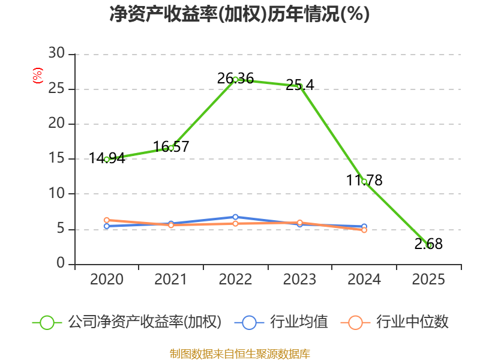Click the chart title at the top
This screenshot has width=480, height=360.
click(x=239, y=14)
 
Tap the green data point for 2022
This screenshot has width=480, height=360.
click(x=235, y=79)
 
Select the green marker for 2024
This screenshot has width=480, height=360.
click(x=364, y=182)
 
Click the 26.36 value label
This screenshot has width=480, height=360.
click(x=235, y=79)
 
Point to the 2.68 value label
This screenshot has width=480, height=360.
click(x=428, y=244)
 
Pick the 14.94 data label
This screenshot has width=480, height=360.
click(x=107, y=158)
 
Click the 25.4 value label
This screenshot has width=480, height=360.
click(x=299, y=85)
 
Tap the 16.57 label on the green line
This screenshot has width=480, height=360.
click(x=171, y=146)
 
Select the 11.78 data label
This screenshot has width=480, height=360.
click(x=364, y=180)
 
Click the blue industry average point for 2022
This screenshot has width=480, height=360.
click(x=235, y=217)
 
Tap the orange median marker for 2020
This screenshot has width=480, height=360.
click(x=107, y=220)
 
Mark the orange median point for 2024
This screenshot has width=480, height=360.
click(x=364, y=230)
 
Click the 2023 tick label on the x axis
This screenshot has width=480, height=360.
click(x=299, y=279)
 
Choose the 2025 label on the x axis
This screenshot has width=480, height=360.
click(x=428, y=279)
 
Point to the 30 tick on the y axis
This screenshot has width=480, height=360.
click(x=56, y=53)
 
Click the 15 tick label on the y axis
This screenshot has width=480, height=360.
click(x=56, y=158)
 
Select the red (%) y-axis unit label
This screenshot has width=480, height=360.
click(x=38, y=76)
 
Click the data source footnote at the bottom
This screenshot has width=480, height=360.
click(x=240, y=354)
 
